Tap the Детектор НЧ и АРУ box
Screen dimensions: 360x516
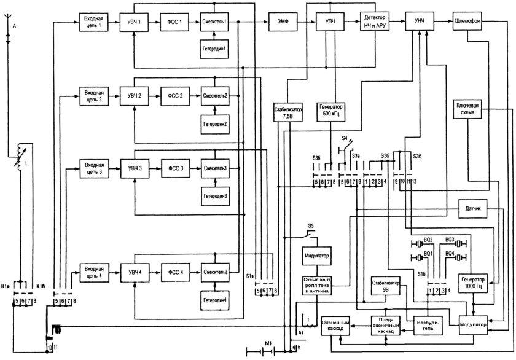coord(377,22)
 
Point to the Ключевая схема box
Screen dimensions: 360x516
coord(469,109)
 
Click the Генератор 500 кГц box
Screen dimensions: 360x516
coord(332,110)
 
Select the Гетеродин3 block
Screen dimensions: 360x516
coord(214,196)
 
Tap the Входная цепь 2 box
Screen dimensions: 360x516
coord(93,96)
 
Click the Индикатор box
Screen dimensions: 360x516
coord(317,254)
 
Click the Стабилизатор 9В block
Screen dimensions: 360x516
coord(386,287)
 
